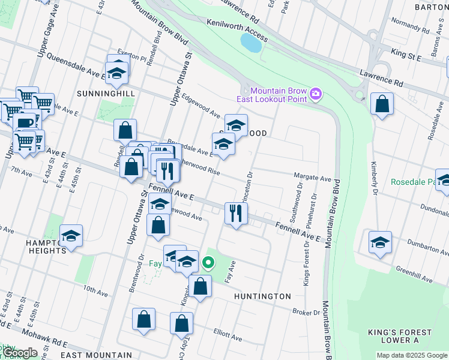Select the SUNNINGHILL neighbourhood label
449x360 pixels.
pyautogui.click(x=100, y=94)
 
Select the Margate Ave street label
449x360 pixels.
pyautogui.click(x=312, y=178)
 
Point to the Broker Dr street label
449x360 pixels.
pyautogui.click(x=306, y=313)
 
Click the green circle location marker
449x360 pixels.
pyautogui.click(x=208, y=263)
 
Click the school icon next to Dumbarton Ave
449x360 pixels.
pyautogui.click(x=380, y=242)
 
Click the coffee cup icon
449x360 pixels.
pyautogui.click(x=24, y=123)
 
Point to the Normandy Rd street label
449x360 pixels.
pyautogui.click(x=406, y=26)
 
